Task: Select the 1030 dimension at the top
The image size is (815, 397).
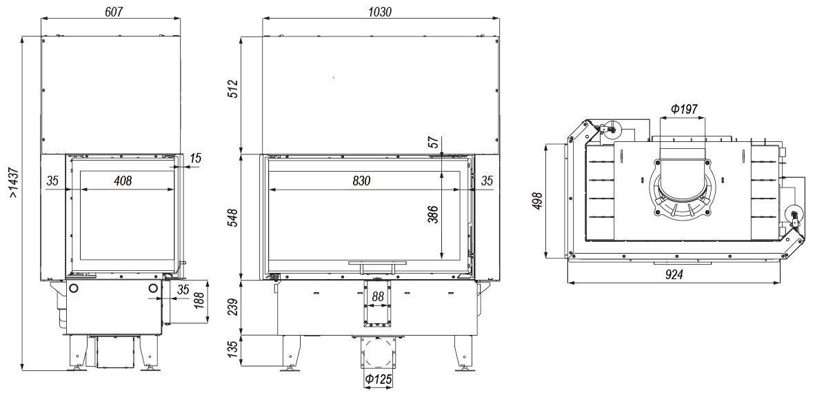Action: point(379,12)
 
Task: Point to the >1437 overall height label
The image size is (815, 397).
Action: point(14,182)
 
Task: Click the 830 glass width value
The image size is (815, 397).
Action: point(361,181)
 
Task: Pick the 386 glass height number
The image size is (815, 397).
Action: point(432,214)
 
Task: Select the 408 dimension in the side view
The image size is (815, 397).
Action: point(123,181)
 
